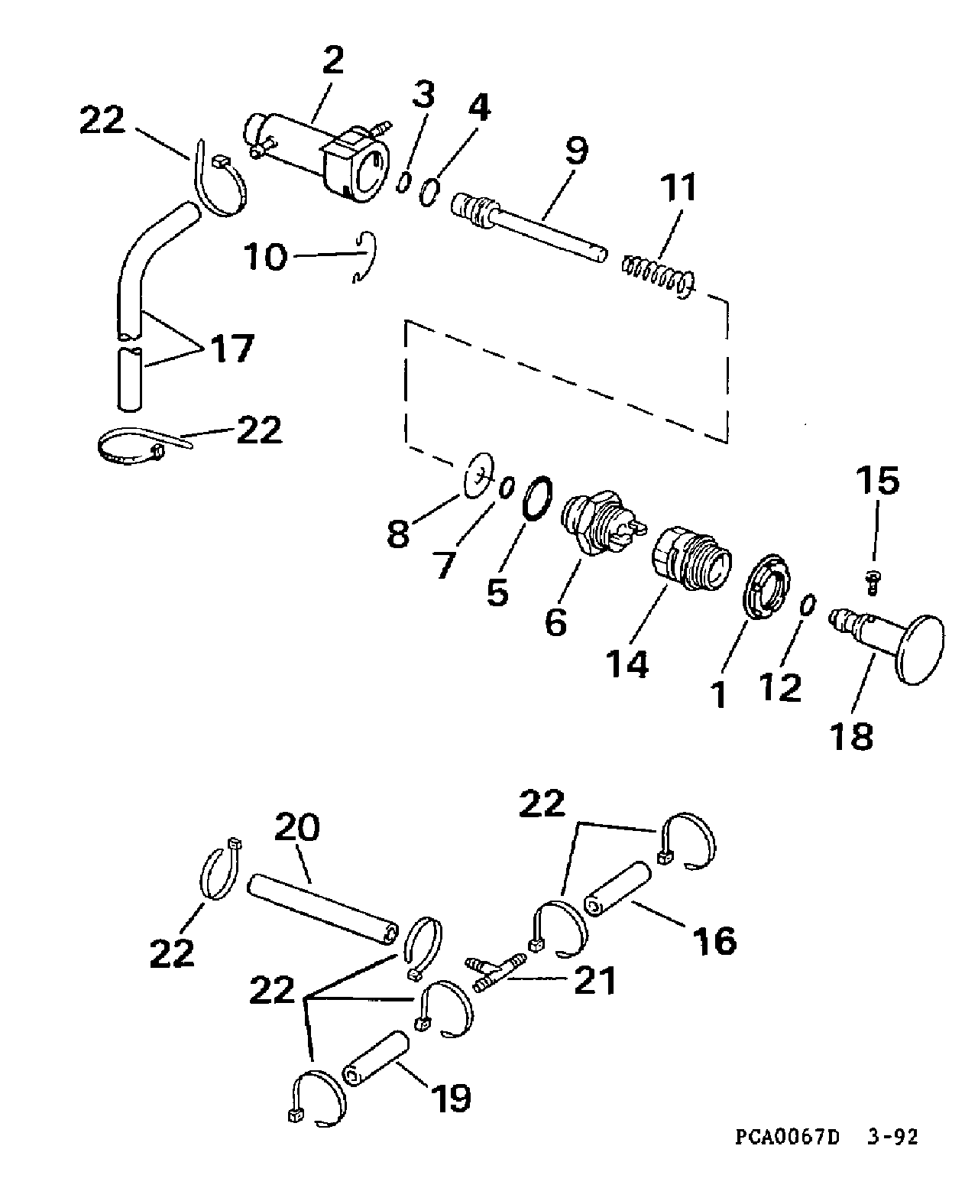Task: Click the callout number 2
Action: (x=333, y=61)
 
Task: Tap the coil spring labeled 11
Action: (x=657, y=276)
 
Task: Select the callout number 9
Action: (x=576, y=151)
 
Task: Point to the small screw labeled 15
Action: (x=873, y=582)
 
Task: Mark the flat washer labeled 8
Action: (x=479, y=476)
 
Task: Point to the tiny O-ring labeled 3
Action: (x=403, y=183)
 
